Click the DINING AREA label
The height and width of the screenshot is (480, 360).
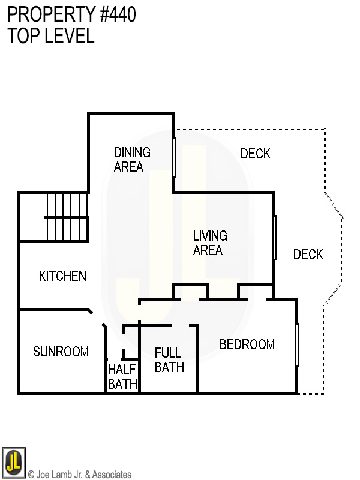(x=132, y=160)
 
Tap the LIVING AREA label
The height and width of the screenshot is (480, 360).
(x=210, y=243)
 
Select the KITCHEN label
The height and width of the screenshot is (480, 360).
(x=62, y=276)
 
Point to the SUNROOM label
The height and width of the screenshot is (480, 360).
(x=61, y=352)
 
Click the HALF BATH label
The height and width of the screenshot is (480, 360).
(x=122, y=377)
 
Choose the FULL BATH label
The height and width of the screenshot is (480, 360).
(x=169, y=359)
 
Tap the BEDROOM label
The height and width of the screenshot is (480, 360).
(x=247, y=344)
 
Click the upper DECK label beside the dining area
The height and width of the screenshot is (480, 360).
(x=255, y=154)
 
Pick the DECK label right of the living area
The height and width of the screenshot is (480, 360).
(x=308, y=254)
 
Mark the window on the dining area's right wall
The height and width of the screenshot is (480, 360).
(x=174, y=157)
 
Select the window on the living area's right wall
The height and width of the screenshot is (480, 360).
(x=275, y=238)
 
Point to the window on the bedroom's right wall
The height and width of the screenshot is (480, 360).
(x=298, y=344)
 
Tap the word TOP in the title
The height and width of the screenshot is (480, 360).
(x=22, y=36)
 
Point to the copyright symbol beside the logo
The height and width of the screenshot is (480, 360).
(x=31, y=475)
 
